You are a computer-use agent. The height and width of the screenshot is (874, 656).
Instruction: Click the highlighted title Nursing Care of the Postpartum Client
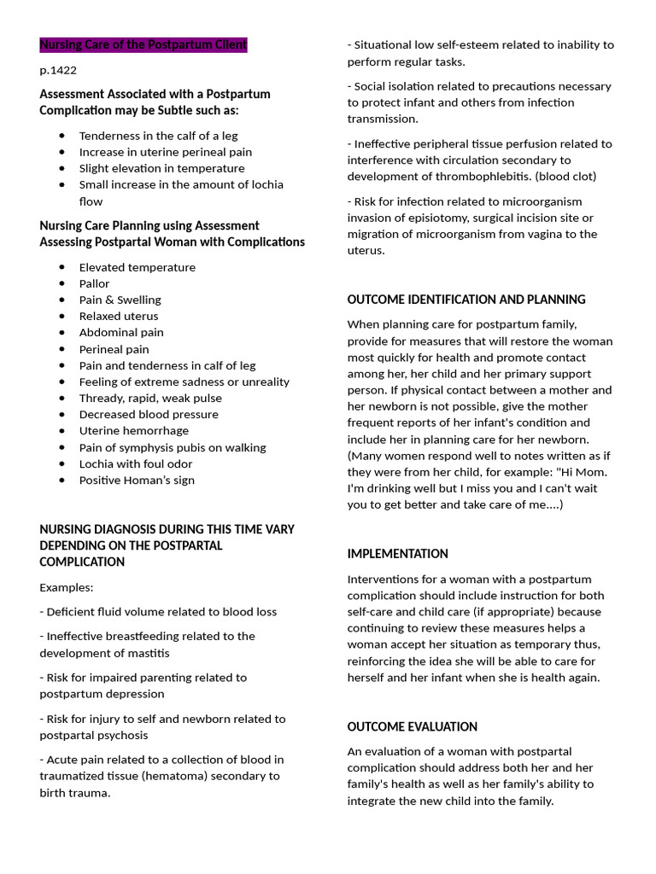143,44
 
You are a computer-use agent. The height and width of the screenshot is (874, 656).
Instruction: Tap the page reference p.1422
58,70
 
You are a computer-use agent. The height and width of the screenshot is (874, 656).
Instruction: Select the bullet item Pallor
94,283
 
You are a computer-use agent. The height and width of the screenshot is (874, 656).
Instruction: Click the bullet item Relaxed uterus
119,316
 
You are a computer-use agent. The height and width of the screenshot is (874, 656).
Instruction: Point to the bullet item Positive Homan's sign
137,480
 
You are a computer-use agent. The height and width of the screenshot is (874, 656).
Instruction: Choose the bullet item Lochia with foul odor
136,463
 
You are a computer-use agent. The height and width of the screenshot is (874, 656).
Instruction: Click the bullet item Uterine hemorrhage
134,431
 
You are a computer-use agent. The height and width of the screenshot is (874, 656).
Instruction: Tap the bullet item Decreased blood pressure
149,414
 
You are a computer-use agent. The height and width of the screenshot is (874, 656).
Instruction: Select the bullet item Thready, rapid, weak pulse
150,398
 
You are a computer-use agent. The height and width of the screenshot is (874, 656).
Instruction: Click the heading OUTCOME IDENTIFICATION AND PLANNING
466,300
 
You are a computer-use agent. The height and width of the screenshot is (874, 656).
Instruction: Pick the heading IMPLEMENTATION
397,554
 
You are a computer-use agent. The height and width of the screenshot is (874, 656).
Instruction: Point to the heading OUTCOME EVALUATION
412,726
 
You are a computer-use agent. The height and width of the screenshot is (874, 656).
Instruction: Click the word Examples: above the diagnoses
67,587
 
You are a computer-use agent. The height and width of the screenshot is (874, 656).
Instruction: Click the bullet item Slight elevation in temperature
161,168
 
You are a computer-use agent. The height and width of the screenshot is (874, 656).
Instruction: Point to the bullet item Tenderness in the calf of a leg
158,136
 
